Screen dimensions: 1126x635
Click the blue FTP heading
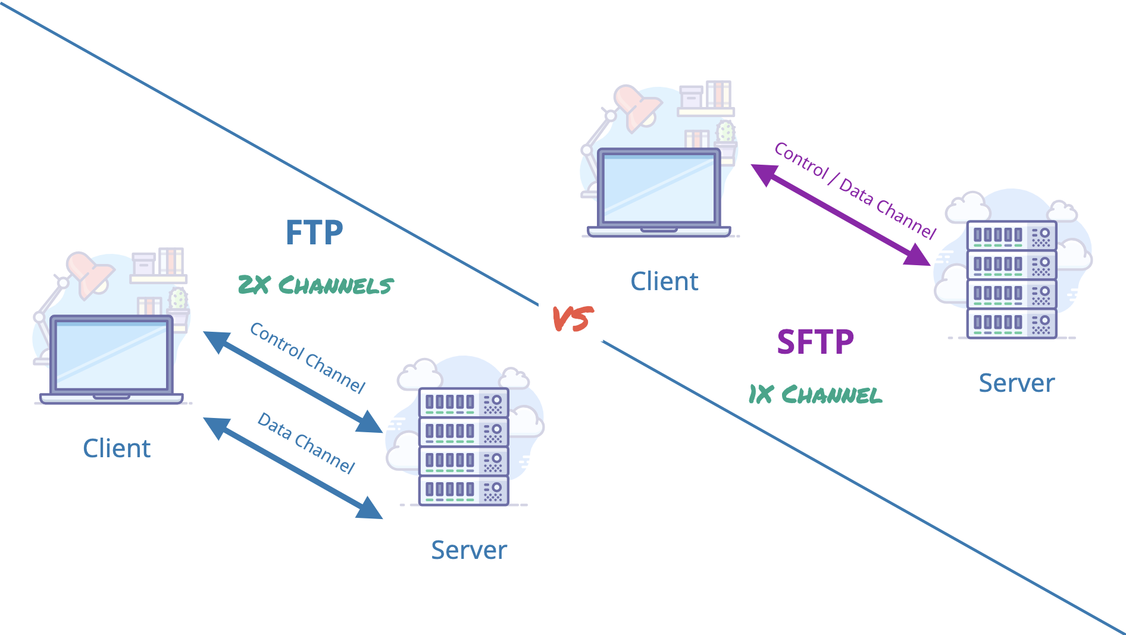click(314, 232)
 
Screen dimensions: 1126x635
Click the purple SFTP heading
click(815, 342)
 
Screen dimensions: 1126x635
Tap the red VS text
click(573, 319)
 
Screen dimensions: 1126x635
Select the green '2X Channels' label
click(315, 285)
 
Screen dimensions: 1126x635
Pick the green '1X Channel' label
click(815, 394)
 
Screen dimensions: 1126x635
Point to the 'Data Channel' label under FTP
click(306, 443)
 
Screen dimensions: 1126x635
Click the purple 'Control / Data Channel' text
click(855, 190)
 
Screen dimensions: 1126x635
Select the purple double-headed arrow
click(840, 215)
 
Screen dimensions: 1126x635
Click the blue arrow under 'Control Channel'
click(293, 382)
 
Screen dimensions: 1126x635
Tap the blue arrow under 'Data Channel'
click(293, 468)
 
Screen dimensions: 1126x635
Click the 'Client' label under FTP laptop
click(117, 448)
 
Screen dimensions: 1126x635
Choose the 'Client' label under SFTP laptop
click(664, 281)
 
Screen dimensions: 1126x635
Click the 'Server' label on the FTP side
click(469, 550)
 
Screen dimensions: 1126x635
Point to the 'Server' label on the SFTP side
click(1016, 383)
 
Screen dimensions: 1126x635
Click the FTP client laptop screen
click(111, 355)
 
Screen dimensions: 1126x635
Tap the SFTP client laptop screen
click(659, 188)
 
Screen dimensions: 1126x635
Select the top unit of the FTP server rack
click(464, 403)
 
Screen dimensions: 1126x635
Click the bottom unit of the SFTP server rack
click(1011, 323)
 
